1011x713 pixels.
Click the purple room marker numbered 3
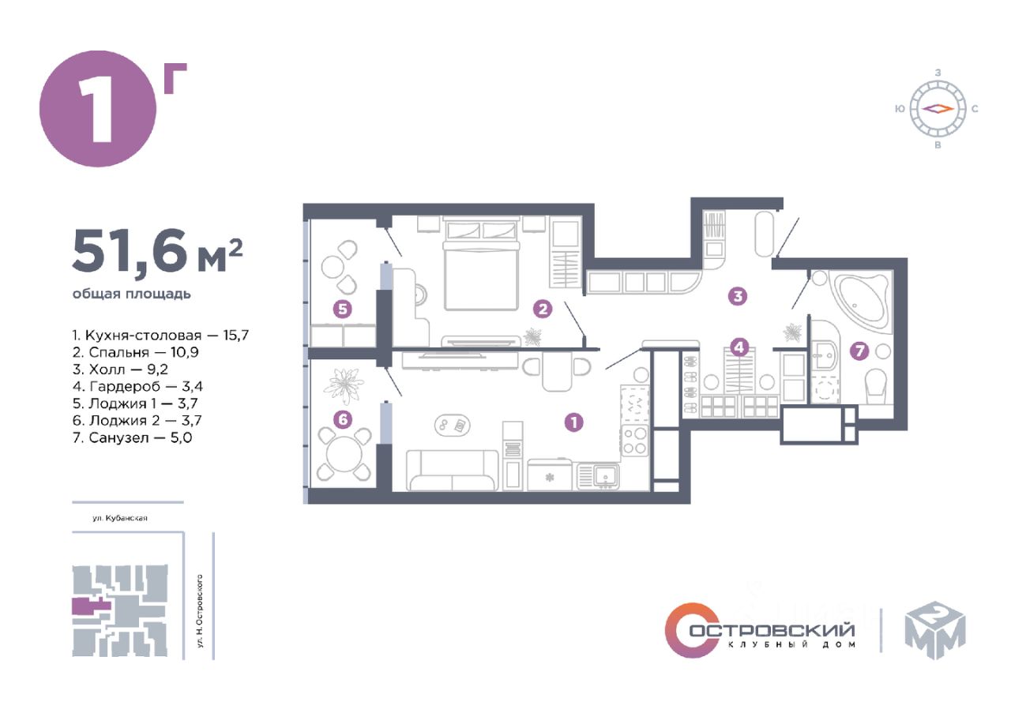point(738,296)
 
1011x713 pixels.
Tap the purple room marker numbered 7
point(859,351)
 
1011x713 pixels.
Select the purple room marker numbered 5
point(343,309)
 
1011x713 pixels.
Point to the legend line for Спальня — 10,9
point(135,352)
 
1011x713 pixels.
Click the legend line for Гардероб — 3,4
point(137,387)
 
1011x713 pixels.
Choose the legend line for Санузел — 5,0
point(132,437)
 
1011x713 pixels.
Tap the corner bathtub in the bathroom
point(862,302)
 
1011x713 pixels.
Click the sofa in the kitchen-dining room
point(453,470)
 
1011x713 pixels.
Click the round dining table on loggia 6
point(344,453)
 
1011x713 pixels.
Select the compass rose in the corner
point(938,109)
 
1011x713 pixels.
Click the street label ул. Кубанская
point(120,518)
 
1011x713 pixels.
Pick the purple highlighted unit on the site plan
point(91,606)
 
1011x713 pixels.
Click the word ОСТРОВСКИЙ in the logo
point(772,630)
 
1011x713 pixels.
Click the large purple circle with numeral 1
point(98,109)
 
